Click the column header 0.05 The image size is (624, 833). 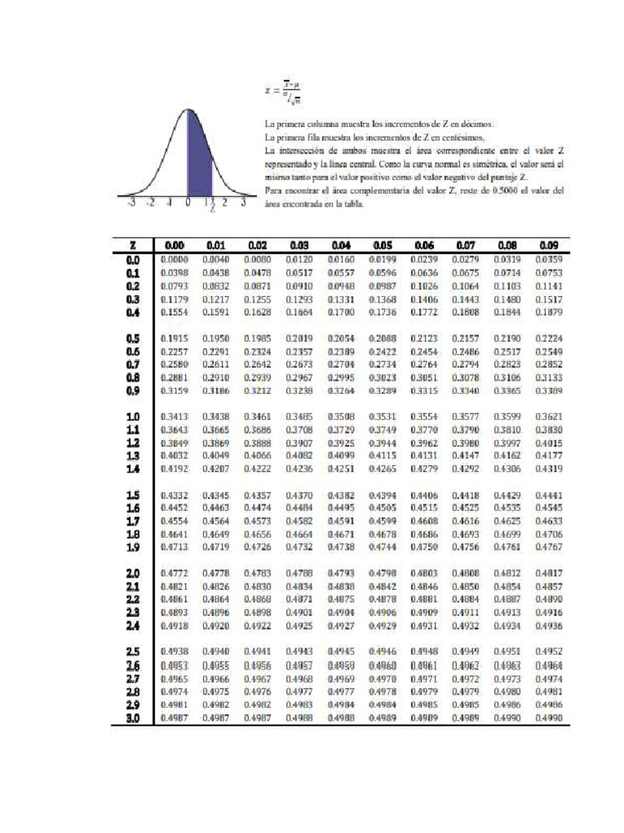coord(382,244)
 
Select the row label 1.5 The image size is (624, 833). coord(133,495)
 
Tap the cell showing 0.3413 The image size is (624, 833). coord(174,417)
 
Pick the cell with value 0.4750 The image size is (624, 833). coord(424,547)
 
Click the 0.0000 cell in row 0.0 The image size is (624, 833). coord(174,259)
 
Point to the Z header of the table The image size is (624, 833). coord(132,244)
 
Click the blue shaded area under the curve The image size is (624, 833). coord(198,159)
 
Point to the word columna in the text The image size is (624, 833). coord(322,124)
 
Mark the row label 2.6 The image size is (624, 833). coord(133,665)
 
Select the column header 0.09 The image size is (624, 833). coord(549,244)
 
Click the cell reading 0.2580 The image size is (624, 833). coord(174,364)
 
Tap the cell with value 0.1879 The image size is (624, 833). coord(549,312)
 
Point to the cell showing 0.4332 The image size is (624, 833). coord(174,495)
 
